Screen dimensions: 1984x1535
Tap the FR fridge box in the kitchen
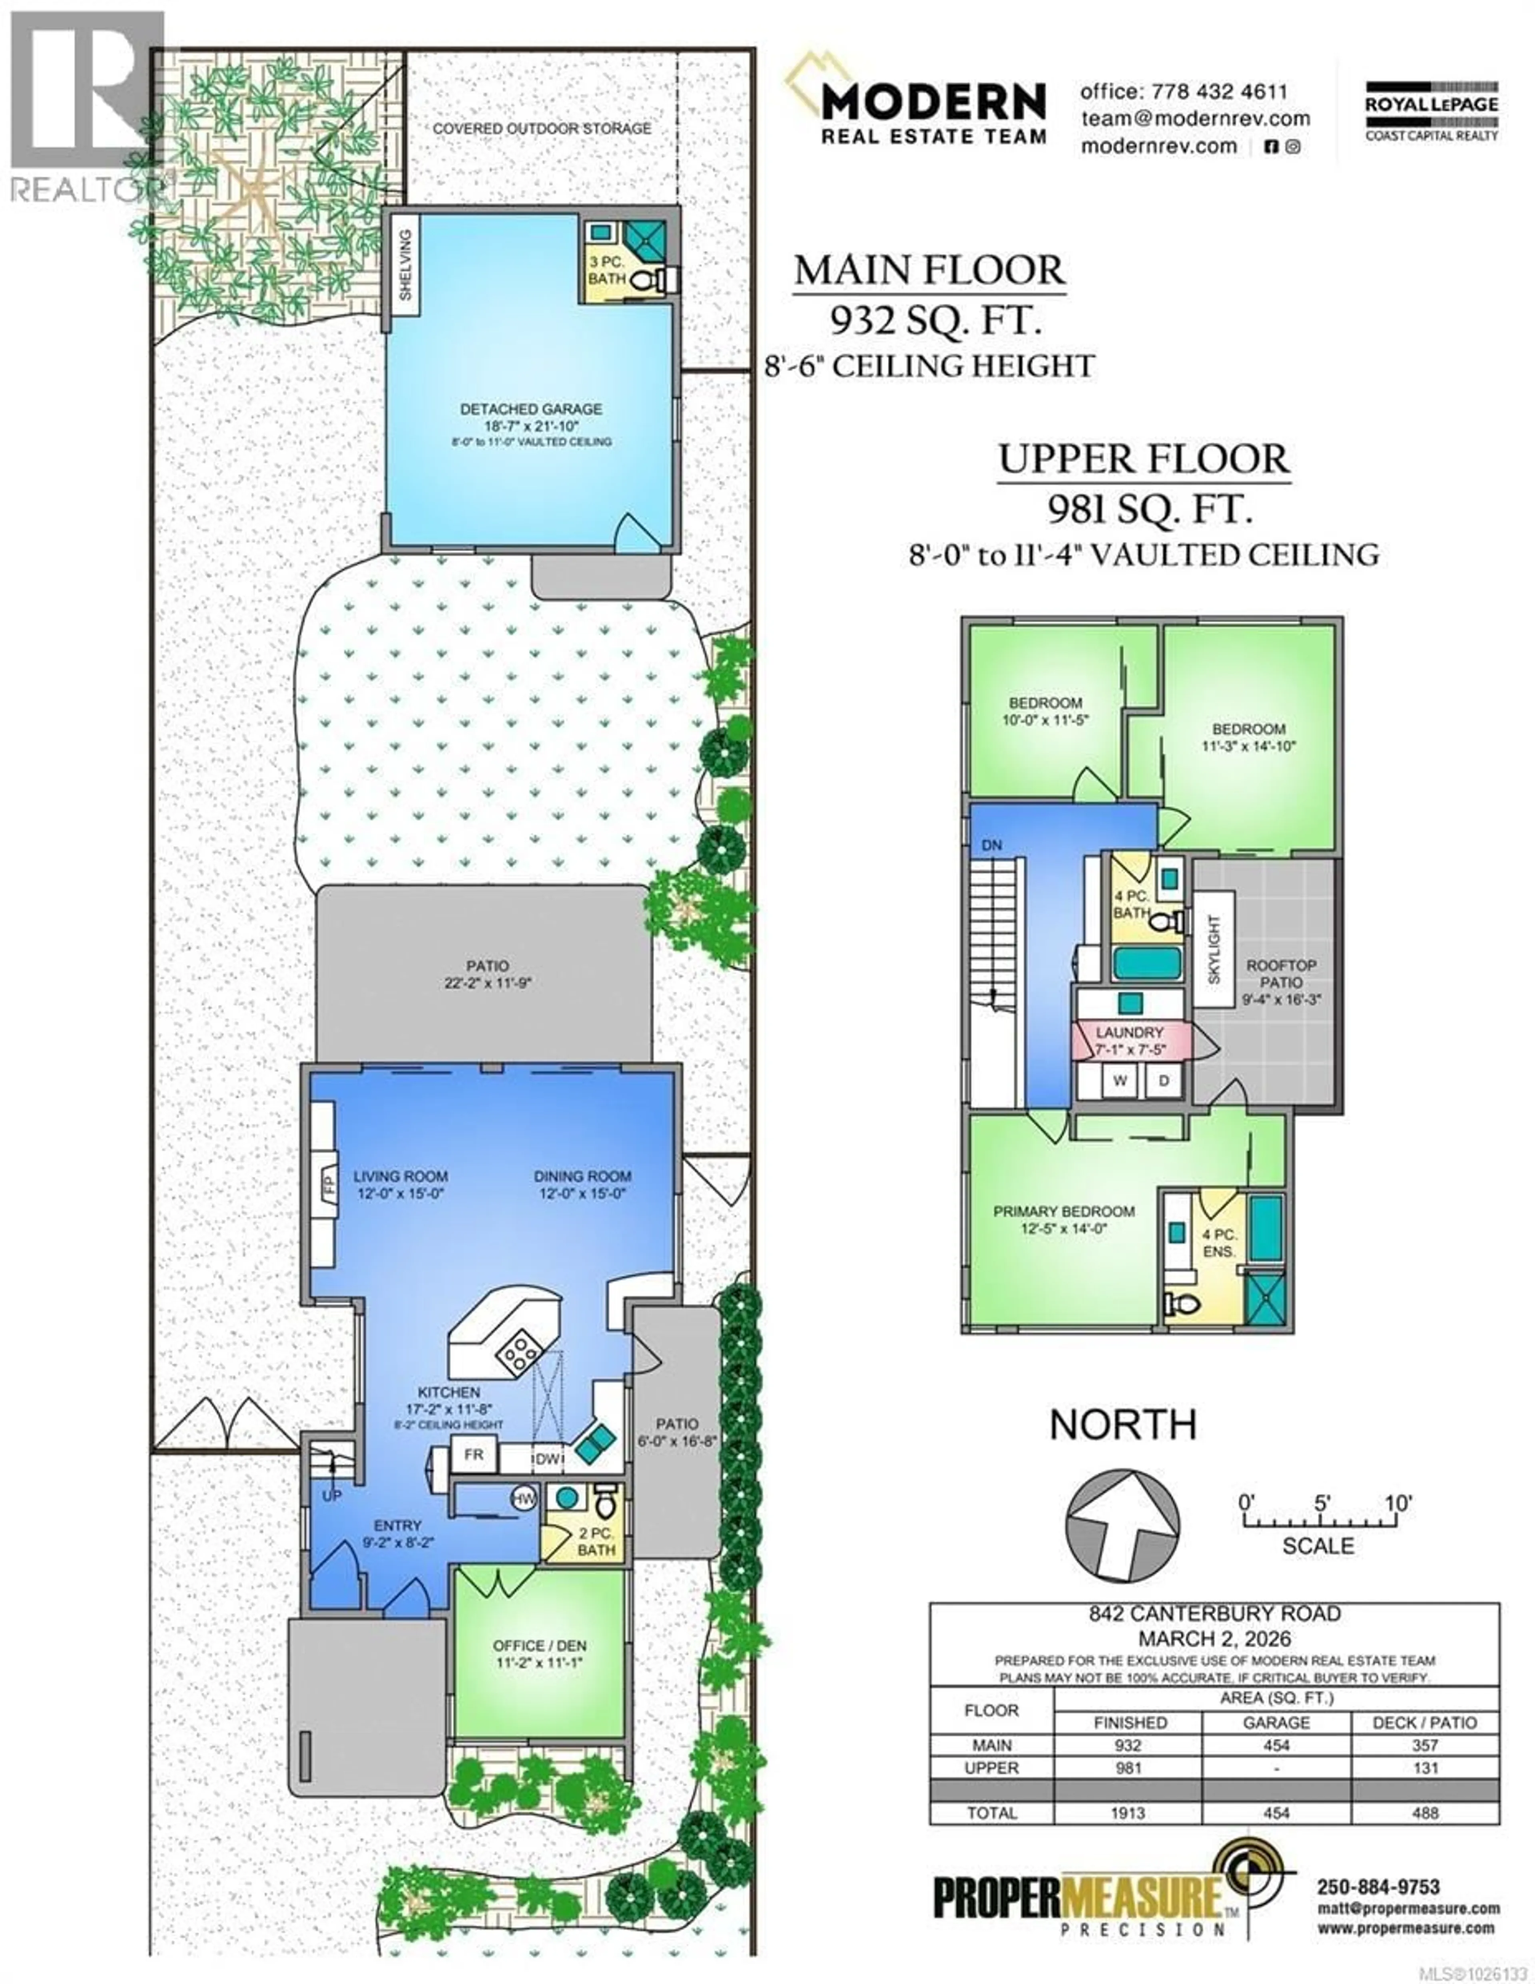[474, 1454]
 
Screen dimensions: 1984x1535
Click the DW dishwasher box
[547, 1459]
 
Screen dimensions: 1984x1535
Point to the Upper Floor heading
[1143, 460]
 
